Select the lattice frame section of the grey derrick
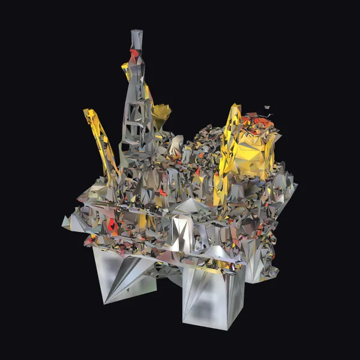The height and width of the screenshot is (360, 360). [x=137, y=114]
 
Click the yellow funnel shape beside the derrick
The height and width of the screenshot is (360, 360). [x=161, y=113]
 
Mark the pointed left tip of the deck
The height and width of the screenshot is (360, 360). [x=65, y=221]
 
